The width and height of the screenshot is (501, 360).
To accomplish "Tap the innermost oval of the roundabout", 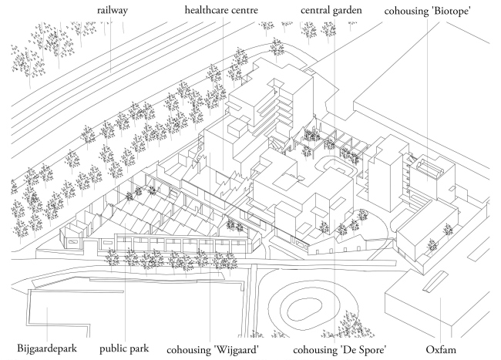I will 304,307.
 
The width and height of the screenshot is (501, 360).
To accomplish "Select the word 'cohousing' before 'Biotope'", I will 409,12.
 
